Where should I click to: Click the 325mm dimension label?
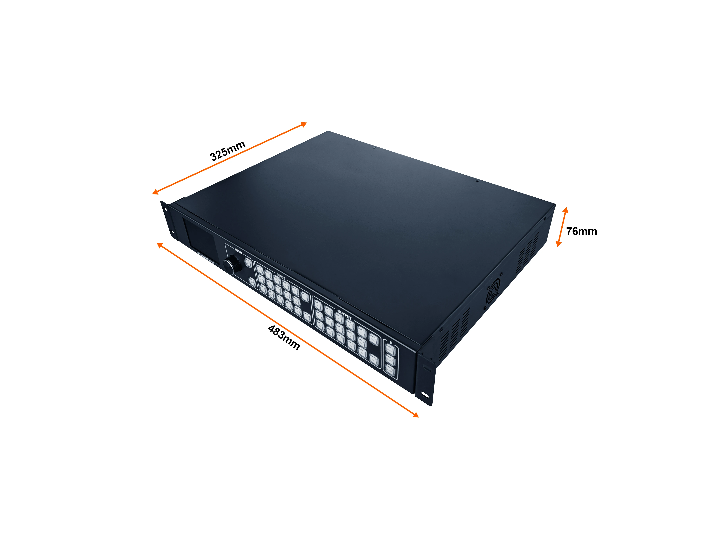228,151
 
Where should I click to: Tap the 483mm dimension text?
284,338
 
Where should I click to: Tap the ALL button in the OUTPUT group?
374,360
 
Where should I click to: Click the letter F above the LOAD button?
391,342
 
